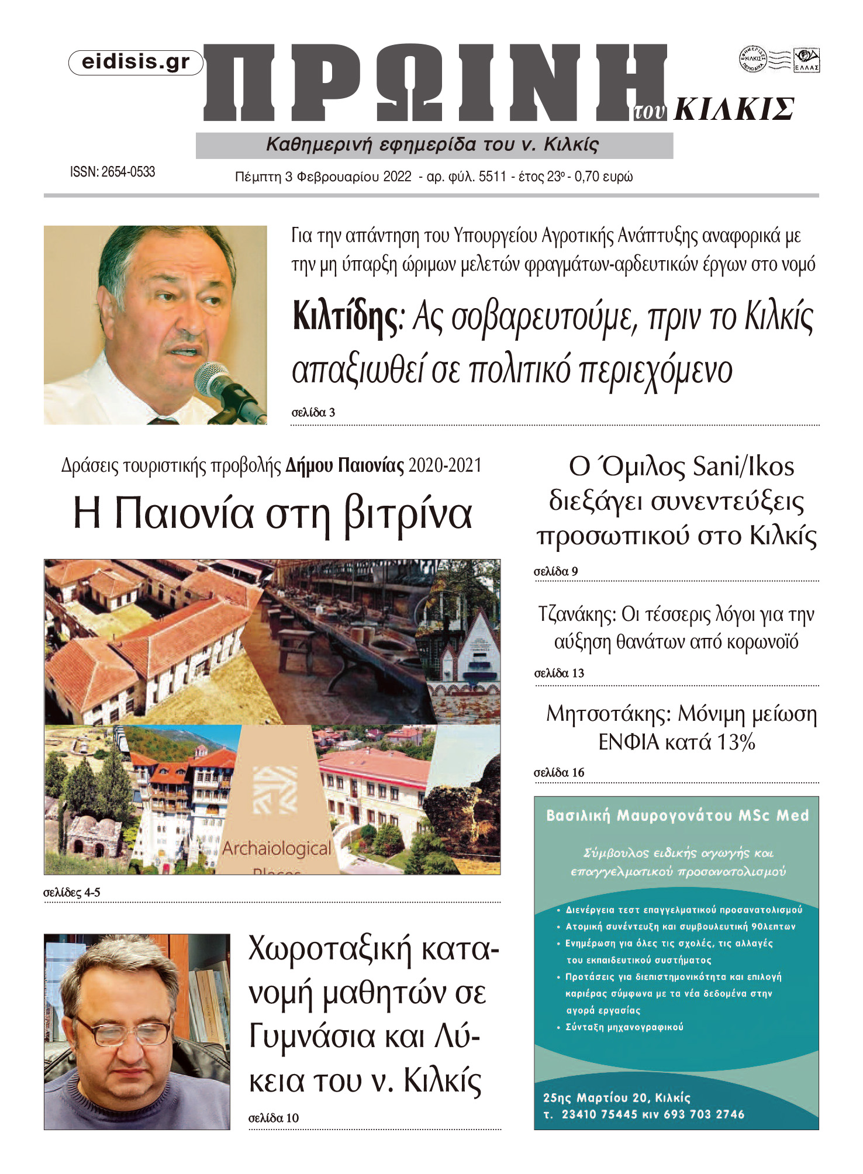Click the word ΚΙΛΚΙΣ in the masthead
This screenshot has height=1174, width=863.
click(734, 109)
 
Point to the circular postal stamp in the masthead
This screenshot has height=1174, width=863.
click(753, 59)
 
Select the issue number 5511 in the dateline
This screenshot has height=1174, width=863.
click(492, 177)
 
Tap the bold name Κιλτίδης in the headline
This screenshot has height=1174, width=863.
click(345, 316)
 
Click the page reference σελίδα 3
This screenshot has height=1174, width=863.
click(313, 413)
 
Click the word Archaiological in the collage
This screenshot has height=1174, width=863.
click(277, 848)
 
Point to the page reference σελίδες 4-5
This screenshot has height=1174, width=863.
click(72, 893)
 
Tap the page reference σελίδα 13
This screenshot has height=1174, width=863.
click(559, 674)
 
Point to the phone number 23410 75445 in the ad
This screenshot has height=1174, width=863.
click(599, 1114)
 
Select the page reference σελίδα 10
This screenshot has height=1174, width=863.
click(274, 1118)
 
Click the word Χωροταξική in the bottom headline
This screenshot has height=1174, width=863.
click(330, 949)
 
